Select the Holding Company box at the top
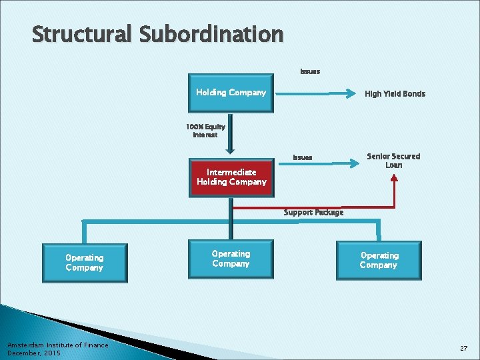(231, 93)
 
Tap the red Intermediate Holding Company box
(231, 177)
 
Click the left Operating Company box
(84, 263)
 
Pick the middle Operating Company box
(231, 259)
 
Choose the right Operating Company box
(379, 260)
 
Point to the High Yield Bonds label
(395, 94)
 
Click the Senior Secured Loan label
(393, 161)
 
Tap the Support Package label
(313, 213)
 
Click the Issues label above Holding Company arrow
(310, 71)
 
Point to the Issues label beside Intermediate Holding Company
(303, 157)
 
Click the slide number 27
(463, 349)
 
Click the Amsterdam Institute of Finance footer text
(57, 345)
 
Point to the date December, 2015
(33, 353)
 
